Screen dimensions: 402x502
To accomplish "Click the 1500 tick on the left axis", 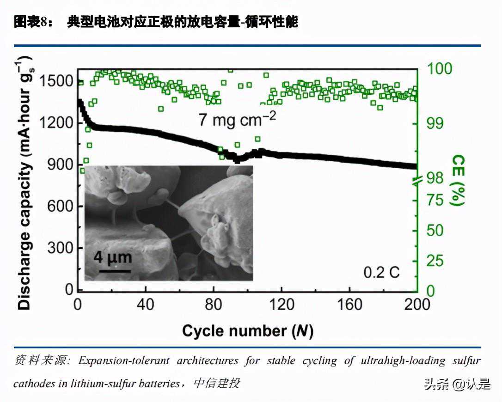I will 56,81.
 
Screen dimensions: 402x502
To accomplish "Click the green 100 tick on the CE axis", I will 439,69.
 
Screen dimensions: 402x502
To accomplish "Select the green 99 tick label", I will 435,123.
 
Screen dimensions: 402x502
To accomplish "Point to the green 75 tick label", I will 434,200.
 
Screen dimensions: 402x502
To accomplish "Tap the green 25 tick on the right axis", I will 434,262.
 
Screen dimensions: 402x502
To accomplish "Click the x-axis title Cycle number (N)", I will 247,331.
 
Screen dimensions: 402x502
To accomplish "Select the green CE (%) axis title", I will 458,180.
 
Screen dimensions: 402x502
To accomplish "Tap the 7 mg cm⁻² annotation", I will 237,119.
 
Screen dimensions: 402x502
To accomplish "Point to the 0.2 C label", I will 381,273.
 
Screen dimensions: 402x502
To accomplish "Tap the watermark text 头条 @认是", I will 457,384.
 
